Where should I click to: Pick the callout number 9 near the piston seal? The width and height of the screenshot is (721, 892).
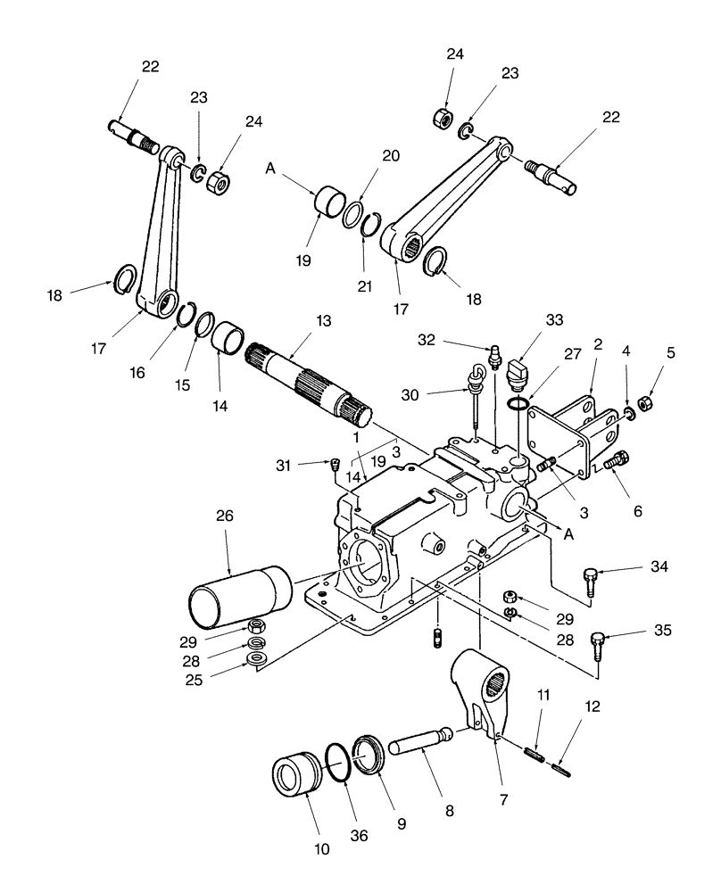click(x=401, y=825)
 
